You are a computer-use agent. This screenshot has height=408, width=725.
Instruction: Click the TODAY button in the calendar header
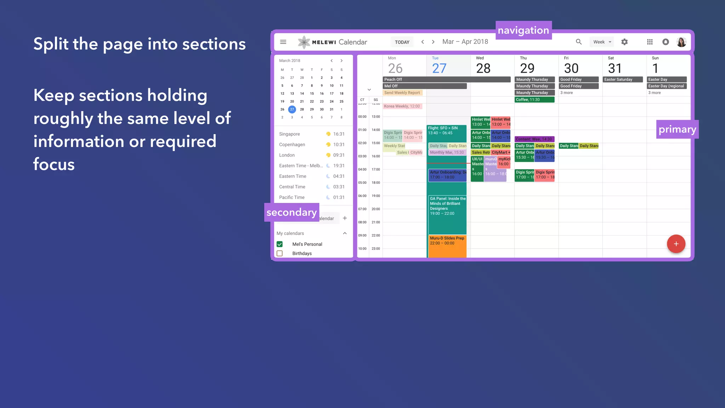click(x=402, y=42)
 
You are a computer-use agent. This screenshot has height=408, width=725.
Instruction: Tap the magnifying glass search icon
click(x=579, y=42)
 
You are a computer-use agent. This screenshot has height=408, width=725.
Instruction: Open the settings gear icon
click(x=624, y=42)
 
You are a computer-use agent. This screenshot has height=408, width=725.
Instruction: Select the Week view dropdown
click(x=602, y=42)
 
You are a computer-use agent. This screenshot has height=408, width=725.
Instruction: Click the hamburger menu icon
click(x=283, y=42)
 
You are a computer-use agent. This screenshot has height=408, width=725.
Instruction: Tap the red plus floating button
click(x=676, y=244)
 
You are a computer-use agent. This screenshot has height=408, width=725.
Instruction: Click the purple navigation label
click(x=523, y=30)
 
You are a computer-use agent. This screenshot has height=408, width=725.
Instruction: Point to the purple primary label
click(x=677, y=129)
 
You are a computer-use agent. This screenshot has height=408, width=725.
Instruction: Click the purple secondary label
click(x=291, y=212)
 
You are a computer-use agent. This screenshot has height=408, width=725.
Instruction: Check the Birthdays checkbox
click(x=280, y=254)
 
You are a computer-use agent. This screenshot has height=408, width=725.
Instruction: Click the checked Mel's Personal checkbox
click(x=280, y=244)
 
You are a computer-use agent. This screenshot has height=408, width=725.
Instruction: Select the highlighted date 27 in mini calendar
click(x=292, y=109)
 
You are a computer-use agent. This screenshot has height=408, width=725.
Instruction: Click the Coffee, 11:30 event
click(x=534, y=100)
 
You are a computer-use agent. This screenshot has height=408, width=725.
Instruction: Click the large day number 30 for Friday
click(x=571, y=68)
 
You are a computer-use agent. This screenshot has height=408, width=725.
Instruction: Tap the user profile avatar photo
click(x=681, y=42)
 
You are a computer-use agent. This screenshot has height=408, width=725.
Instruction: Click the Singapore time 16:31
click(x=338, y=134)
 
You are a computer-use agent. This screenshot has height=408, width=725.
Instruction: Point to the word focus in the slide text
click(x=54, y=164)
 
